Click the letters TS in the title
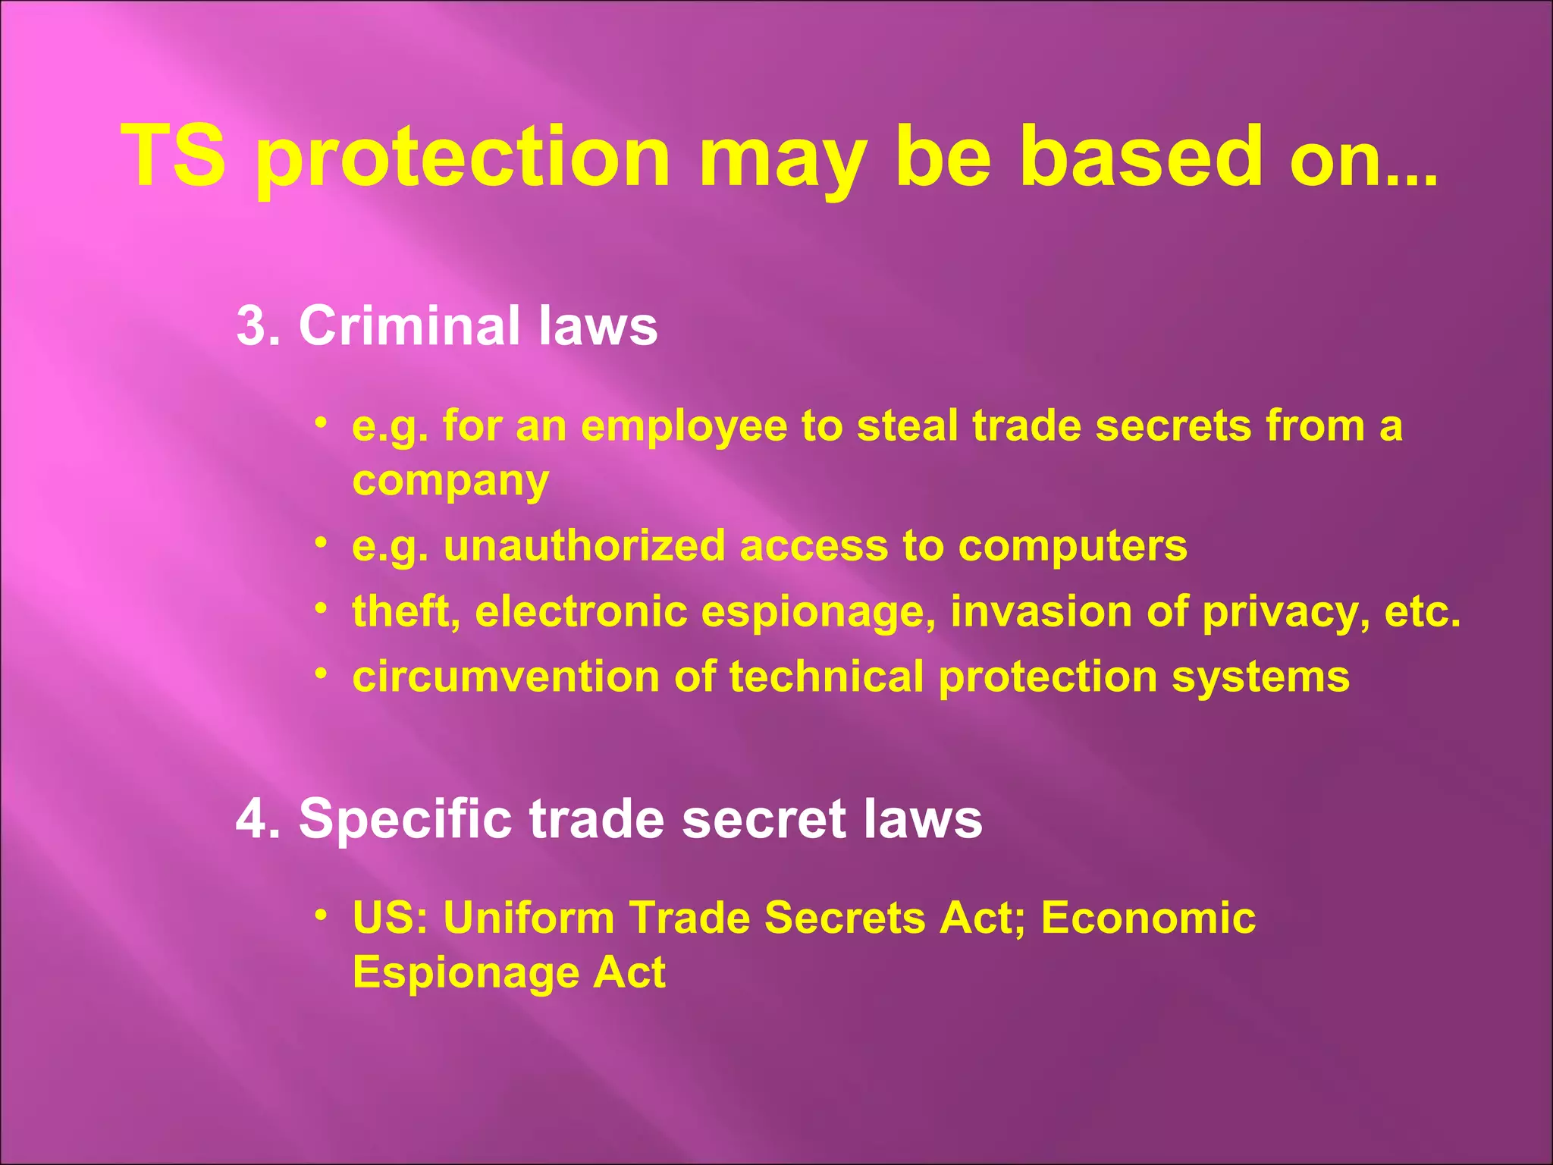pyautogui.click(x=174, y=156)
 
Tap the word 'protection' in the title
pyautogui.click(x=463, y=159)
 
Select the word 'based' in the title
pyautogui.click(x=1140, y=156)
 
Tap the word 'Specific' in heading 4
pyautogui.click(x=405, y=819)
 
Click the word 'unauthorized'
pyautogui.click(x=584, y=546)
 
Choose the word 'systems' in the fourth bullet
pyautogui.click(x=1260, y=678)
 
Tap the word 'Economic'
pyautogui.click(x=1148, y=918)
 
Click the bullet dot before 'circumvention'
pyautogui.click(x=322, y=673)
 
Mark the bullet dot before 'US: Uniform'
pyautogui.click(x=322, y=914)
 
